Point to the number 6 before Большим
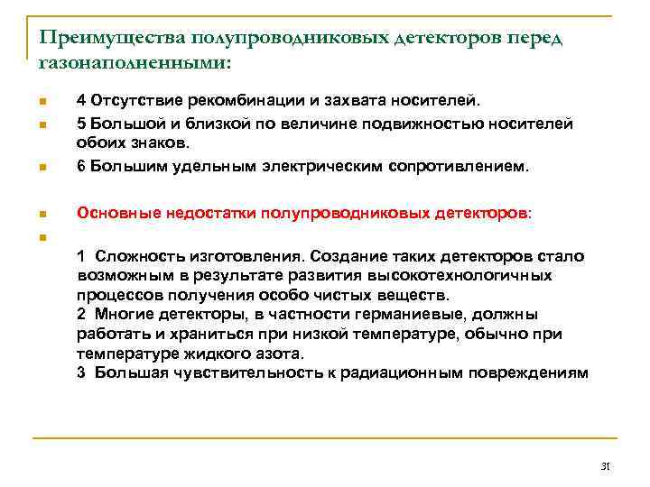point(81,166)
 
